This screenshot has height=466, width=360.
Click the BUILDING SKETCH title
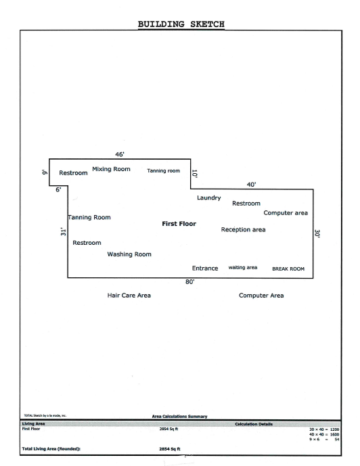pyautogui.click(x=181, y=24)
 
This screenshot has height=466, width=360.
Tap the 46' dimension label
pyautogui.click(x=120, y=154)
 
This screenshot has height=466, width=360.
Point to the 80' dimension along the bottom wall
pyautogui.click(x=190, y=282)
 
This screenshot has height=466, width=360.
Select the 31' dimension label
pyautogui.click(x=63, y=232)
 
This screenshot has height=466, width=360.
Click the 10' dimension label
pyautogui.click(x=194, y=174)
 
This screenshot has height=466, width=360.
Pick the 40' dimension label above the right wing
pyautogui.click(x=251, y=185)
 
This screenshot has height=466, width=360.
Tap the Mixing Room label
pyautogui.click(x=111, y=169)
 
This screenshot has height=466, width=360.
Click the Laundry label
pyautogui.click(x=209, y=198)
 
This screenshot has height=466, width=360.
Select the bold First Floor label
pyautogui.click(x=179, y=224)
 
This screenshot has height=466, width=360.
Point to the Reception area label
pyautogui.click(x=243, y=230)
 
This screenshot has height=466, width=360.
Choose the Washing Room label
pyautogui.click(x=129, y=254)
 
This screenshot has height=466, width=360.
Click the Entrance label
pyautogui.click(x=205, y=269)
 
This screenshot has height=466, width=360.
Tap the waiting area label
pyautogui.click(x=243, y=267)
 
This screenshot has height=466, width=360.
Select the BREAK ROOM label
pyautogui.click(x=288, y=269)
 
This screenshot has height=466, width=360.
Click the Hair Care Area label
pyautogui.click(x=129, y=296)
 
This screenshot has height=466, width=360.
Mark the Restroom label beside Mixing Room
pyautogui.click(x=73, y=173)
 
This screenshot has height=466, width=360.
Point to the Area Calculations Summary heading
pyautogui.click(x=179, y=417)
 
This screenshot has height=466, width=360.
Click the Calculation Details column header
pyautogui.click(x=254, y=424)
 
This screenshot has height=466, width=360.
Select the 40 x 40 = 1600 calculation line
pyautogui.click(x=324, y=434)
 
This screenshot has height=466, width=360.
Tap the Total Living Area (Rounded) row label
pyautogui.click(x=51, y=449)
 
